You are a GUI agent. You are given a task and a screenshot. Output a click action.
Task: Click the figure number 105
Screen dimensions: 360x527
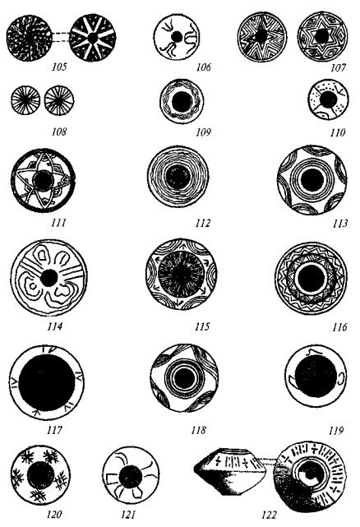(x=59, y=67)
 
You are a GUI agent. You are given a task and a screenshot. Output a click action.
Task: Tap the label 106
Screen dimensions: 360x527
(x=203, y=67)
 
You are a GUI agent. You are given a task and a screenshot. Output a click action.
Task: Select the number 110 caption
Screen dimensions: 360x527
(x=338, y=132)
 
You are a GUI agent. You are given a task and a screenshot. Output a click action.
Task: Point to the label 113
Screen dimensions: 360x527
(x=340, y=223)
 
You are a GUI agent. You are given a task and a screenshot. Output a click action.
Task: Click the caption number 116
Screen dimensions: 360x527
(x=339, y=326)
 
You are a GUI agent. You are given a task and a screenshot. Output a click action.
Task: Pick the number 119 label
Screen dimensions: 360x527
(x=336, y=431)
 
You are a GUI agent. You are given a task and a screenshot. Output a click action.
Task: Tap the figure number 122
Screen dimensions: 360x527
(x=269, y=515)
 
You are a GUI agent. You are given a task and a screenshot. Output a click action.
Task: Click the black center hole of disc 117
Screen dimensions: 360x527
(x=47, y=382)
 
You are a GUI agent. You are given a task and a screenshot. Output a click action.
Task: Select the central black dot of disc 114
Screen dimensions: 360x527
(x=49, y=278)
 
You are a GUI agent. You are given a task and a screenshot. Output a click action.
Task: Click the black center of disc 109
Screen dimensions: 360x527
(x=182, y=101)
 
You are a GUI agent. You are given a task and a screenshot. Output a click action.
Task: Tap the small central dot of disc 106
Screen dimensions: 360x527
(x=177, y=36)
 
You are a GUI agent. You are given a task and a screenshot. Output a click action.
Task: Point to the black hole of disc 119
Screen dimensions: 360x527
(x=316, y=376)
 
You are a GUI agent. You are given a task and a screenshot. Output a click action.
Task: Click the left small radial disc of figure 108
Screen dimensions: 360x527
(x=25, y=100)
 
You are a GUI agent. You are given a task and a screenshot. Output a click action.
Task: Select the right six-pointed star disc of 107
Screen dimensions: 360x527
(x=322, y=36)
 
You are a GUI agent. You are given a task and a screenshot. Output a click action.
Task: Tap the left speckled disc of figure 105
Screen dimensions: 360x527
(x=30, y=38)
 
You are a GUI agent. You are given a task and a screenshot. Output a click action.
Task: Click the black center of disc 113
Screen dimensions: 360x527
(x=312, y=180)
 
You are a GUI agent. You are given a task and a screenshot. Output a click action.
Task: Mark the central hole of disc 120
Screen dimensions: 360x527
(x=40, y=475)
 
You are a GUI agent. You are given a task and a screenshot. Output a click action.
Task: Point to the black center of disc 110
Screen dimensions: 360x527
(x=329, y=99)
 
